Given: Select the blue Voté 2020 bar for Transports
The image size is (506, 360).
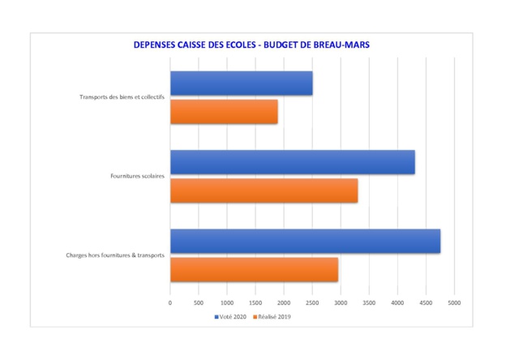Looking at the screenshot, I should (x=241, y=83).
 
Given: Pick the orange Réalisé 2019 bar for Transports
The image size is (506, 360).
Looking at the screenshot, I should (x=224, y=111).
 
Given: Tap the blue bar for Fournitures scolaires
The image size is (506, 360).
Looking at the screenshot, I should (x=292, y=162).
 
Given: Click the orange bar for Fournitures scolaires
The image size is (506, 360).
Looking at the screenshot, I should (x=264, y=191).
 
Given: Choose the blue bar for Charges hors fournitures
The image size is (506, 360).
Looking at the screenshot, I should (x=305, y=241).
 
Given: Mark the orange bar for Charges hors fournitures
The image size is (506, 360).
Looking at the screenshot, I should (x=254, y=269).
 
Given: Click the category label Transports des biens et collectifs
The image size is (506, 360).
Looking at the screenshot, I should (x=122, y=97).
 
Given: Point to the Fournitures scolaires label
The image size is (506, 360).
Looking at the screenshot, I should (x=137, y=176).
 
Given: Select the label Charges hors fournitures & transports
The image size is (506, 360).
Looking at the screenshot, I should (x=115, y=255).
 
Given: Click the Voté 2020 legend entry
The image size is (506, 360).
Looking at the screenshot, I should (x=231, y=316).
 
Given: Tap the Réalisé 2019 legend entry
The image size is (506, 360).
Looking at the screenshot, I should (x=272, y=316).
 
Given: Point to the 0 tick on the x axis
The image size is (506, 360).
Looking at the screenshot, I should (x=170, y=302).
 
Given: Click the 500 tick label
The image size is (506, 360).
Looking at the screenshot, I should (x=199, y=302).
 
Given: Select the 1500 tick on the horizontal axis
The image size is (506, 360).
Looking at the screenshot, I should (x=255, y=302).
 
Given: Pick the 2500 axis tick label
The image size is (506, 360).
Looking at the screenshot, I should (x=312, y=302).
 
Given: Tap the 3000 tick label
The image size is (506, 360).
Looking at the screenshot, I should (x=341, y=302).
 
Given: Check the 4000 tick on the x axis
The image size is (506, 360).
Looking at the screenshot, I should (x=397, y=302).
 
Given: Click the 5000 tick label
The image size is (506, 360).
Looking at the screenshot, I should (x=454, y=302).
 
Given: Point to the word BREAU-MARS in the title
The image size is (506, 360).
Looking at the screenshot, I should (x=341, y=45).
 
